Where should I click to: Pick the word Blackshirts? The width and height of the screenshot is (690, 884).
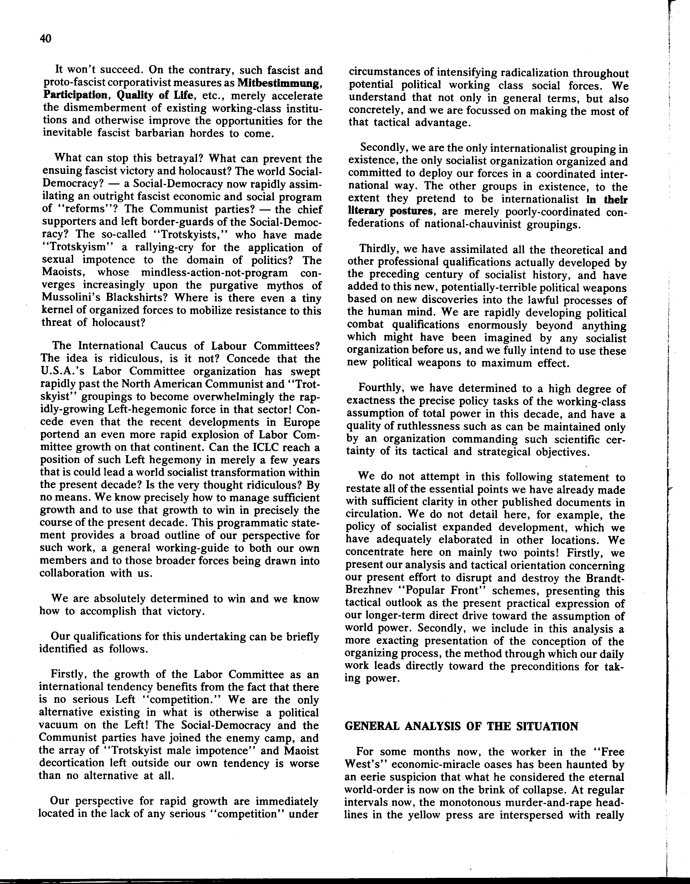(x=130, y=298)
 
